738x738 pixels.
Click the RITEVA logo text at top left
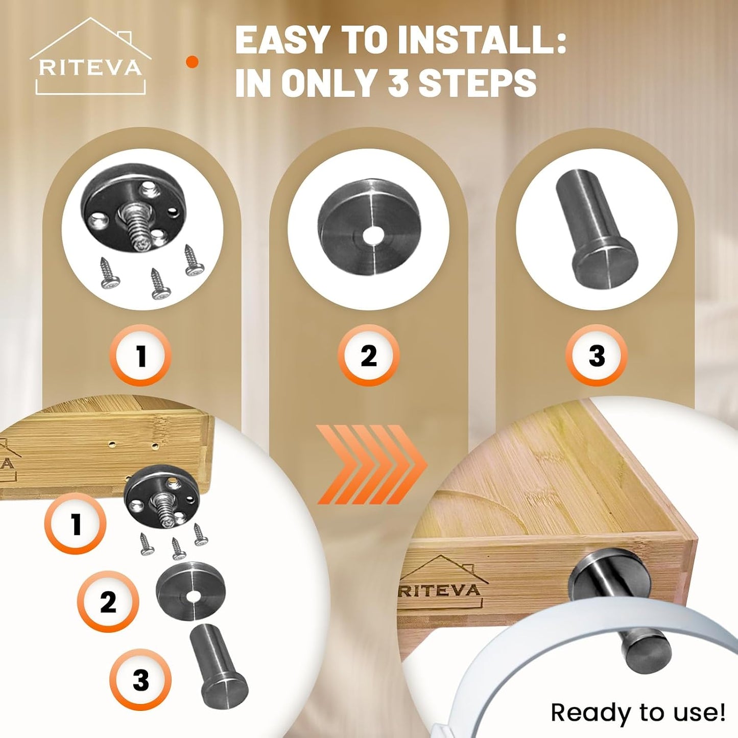pos(90,68)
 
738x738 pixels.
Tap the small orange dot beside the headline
pos(192,62)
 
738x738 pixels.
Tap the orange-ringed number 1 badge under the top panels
pos(141,355)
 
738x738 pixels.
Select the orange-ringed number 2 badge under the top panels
pos(368,355)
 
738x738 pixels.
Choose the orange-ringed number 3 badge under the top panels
pos(597,355)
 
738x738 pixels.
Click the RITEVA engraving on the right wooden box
pos(440,590)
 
